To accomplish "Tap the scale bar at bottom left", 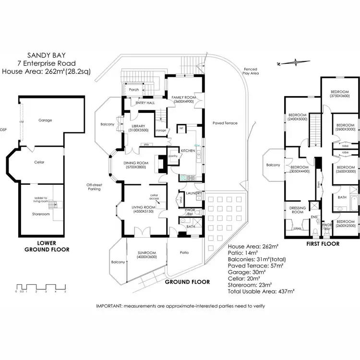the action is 40,287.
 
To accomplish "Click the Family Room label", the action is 182,99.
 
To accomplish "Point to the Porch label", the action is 134,90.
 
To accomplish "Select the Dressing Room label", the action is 298,210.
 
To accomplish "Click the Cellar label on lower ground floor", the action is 39,162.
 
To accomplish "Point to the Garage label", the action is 46,120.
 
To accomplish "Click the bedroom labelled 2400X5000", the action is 298,117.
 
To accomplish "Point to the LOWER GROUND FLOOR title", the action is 47,246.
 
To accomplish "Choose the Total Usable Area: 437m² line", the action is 262,291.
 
